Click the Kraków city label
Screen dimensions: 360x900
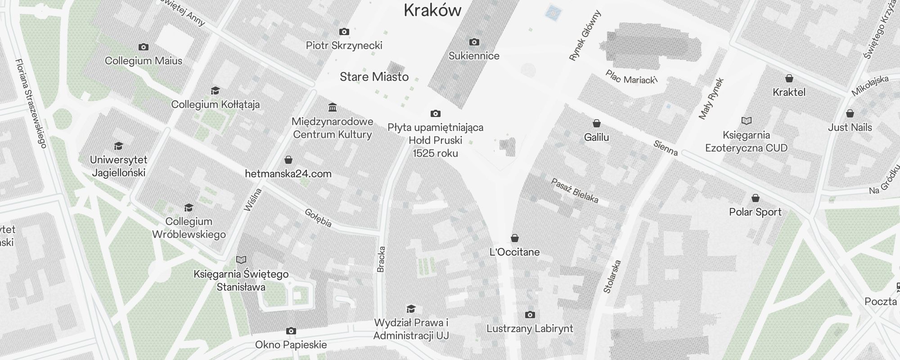click(x=432, y=10)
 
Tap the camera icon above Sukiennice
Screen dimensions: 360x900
click(x=474, y=42)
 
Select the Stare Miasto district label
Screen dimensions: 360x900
click(x=374, y=77)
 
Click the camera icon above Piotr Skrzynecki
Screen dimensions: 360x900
click(x=344, y=32)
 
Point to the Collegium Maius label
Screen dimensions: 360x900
click(x=144, y=61)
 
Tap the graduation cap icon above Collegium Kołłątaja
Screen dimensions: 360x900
click(x=216, y=91)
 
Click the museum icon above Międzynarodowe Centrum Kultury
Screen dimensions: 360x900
click(x=333, y=108)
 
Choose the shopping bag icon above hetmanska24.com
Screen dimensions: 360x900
click(x=288, y=160)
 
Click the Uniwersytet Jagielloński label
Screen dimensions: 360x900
click(x=119, y=166)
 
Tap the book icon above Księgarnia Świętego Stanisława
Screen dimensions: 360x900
click(x=241, y=260)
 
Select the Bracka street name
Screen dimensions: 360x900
click(x=381, y=259)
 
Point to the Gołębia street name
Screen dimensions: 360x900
click(x=318, y=218)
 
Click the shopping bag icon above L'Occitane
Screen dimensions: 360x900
click(x=515, y=238)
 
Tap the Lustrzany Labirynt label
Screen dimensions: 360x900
click(x=530, y=328)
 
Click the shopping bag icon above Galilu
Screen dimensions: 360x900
click(x=597, y=123)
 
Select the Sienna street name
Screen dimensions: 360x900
click(x=666, y=148)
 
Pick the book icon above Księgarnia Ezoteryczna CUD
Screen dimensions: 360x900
click(x=747, y=121)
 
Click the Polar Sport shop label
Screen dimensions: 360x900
click(x=755, y=212)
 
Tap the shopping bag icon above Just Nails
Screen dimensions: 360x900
click(x=850, y=113)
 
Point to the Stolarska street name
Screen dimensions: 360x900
click(x=612, y=276)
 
